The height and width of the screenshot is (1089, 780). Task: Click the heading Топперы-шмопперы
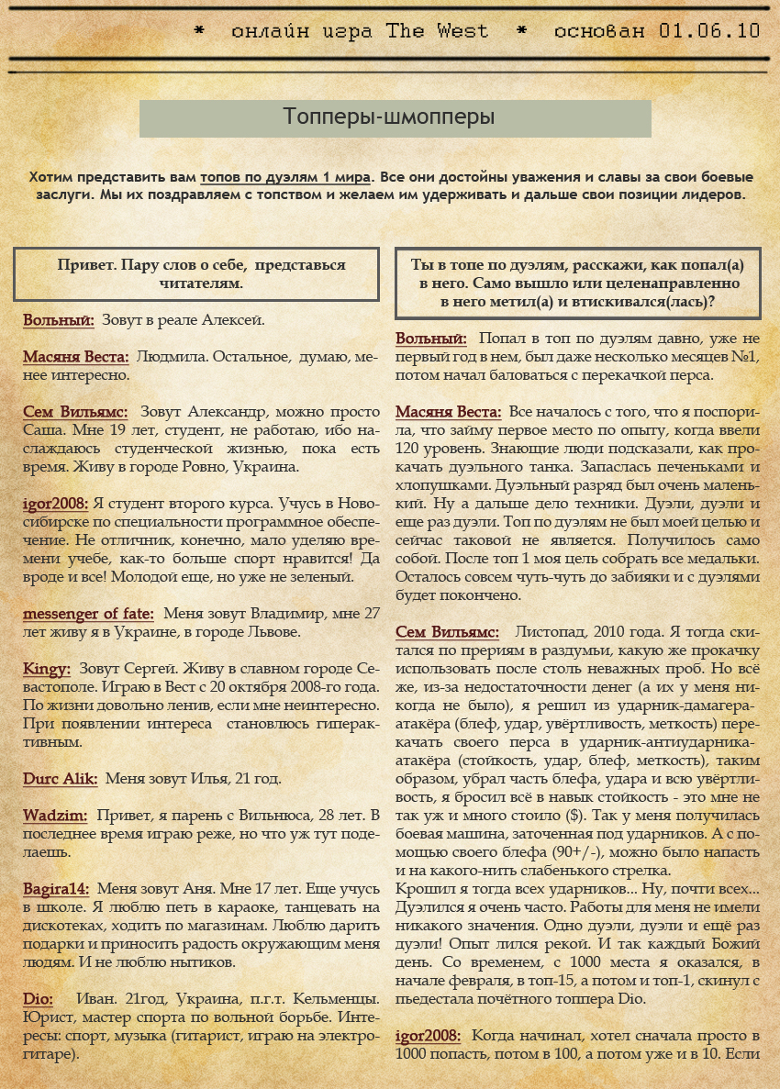point(389,117)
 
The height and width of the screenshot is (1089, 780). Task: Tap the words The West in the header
point(437,31)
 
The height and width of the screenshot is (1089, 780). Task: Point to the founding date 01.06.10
point(709,31)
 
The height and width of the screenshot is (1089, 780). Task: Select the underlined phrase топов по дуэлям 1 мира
point(285,177)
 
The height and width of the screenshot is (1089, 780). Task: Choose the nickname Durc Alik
point(60,778)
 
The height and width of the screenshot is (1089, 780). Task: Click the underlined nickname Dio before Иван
point(37,998)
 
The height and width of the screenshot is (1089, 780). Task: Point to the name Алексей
point(235,320)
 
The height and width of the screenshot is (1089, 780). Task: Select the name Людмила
point(169,357)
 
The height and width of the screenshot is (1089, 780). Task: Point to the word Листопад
point(552,632)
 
